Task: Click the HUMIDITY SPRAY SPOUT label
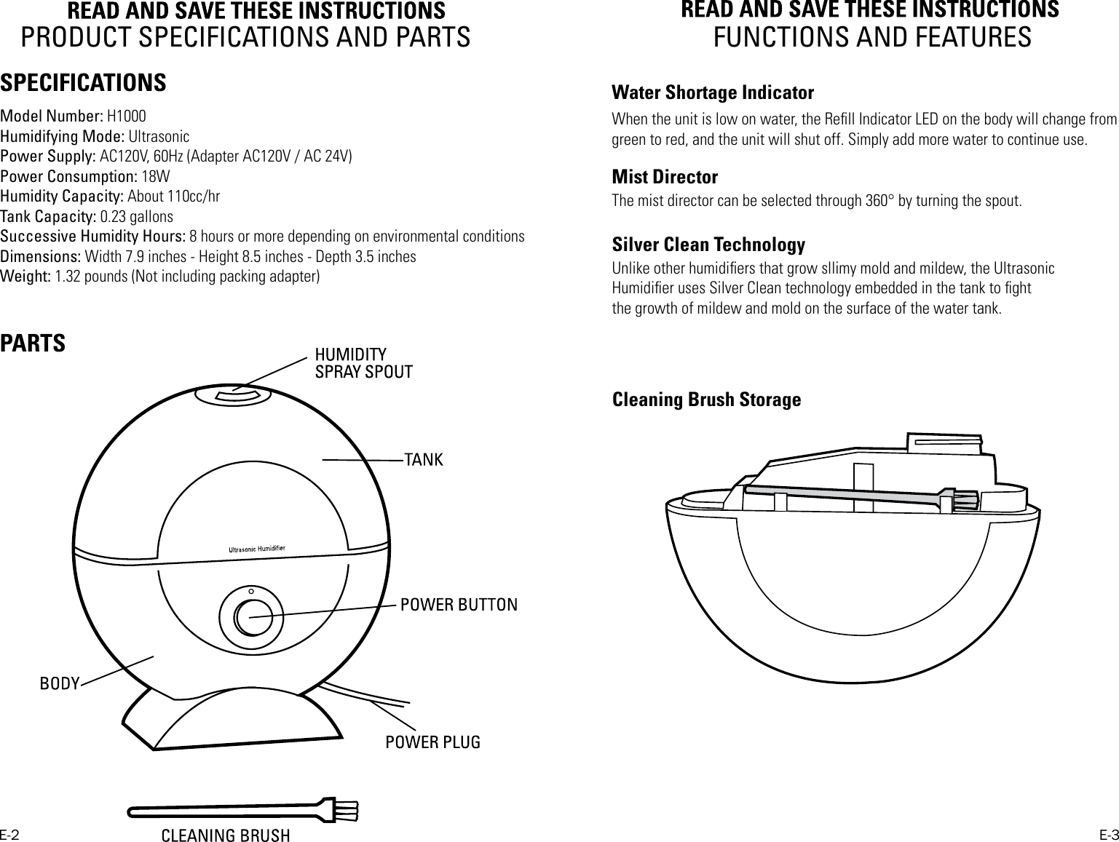(x=363, y=363)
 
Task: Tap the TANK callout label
(x=424, y=460)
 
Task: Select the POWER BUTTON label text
(x=459, y=605)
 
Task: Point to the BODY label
(x=59, y=684)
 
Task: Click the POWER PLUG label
(x=432, y=742)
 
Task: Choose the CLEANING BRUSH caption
(x=225, y=835)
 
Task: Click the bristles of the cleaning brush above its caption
(x=346, y=809)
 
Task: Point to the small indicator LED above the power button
(x=251, y=591)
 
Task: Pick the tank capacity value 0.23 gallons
(x=136, y=217)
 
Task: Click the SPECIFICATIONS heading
(x=83, y=83)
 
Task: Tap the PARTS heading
(x=33, y=343)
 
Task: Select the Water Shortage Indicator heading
(x=713, y=93)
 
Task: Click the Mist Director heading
(x=665, y=178)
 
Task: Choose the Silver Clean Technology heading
(x=708, y=245)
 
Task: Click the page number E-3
(x=1108, y=834)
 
